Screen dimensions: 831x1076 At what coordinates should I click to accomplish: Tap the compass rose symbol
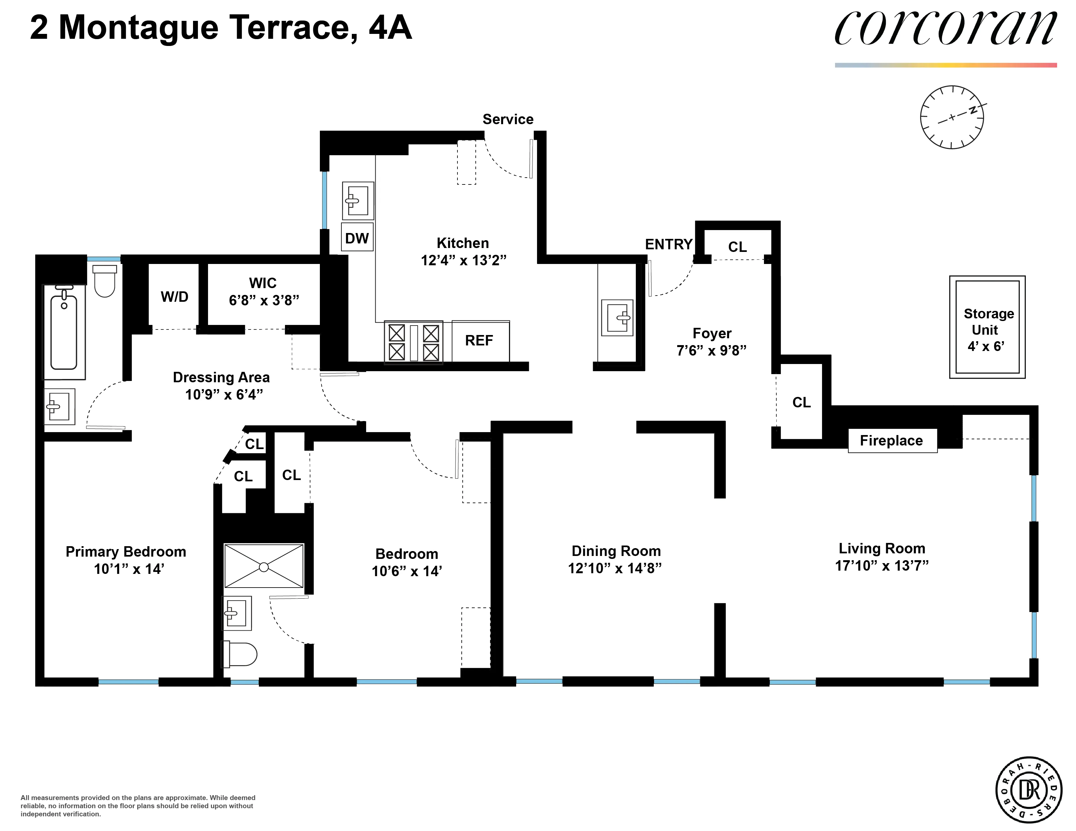951,117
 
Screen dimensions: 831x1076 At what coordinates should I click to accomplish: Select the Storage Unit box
987,328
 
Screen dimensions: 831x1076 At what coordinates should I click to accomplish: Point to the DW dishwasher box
357,238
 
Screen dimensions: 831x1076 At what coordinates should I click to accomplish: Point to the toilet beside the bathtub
104,281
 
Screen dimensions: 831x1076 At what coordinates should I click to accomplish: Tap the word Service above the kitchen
507,119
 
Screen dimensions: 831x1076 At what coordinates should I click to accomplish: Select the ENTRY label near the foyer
668,244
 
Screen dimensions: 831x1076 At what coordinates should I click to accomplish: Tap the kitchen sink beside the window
358,200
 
